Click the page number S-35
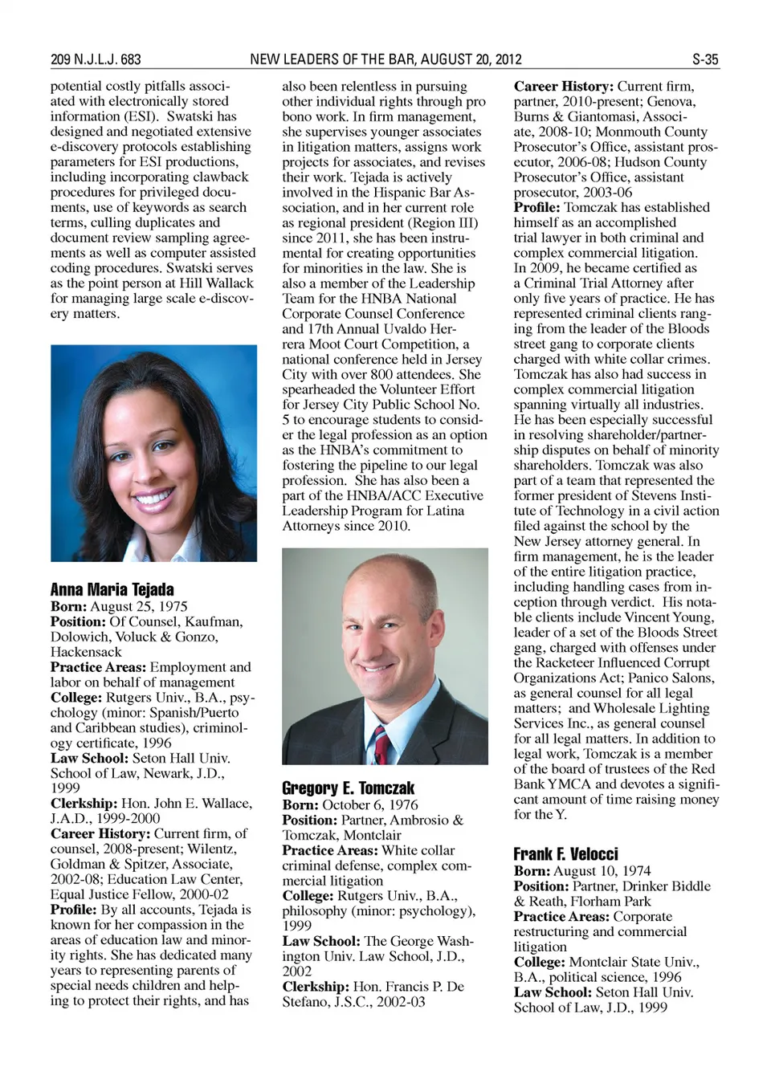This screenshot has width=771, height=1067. click(705, 59)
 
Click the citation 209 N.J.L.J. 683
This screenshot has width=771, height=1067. click(96, 59)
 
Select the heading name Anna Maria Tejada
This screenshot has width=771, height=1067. click(112, 589)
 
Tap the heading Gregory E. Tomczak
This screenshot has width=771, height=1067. click(348, 788)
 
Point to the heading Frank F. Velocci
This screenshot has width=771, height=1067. click(565, 853)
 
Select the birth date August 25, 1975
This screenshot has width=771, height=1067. click(138, 606)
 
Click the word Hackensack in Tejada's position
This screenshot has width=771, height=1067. click(86, 652)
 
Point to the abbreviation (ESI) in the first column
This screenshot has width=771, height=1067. click(137, 116)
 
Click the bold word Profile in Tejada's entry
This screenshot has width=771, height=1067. click(73, 910)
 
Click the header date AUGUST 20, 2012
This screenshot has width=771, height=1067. click(471, 59)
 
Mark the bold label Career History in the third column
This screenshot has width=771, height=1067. click(563, 86)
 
